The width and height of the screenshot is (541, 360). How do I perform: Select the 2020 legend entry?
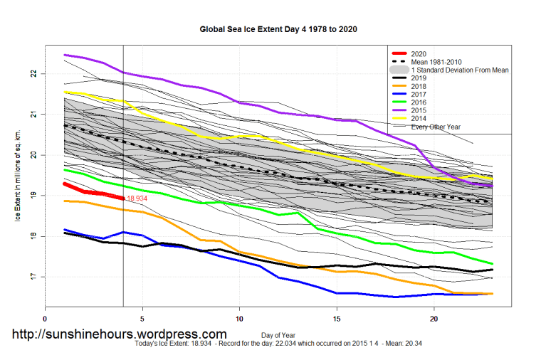(x=419, y=54)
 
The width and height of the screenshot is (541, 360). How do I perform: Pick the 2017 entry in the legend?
(x=419, y=94)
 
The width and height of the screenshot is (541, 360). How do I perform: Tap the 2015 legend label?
(x=419, y=110)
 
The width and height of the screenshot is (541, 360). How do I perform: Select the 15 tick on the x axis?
(x=337, y=319)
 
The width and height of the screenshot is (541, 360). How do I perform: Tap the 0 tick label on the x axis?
(x=46, y=319)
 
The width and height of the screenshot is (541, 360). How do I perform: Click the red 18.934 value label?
(x=137, y=198)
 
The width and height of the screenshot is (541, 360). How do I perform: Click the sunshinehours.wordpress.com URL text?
(x=120, y=334)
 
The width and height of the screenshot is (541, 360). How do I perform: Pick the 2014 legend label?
(x=419, y=117)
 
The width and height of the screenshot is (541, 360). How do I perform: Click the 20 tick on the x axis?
(x=434, y=319)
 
